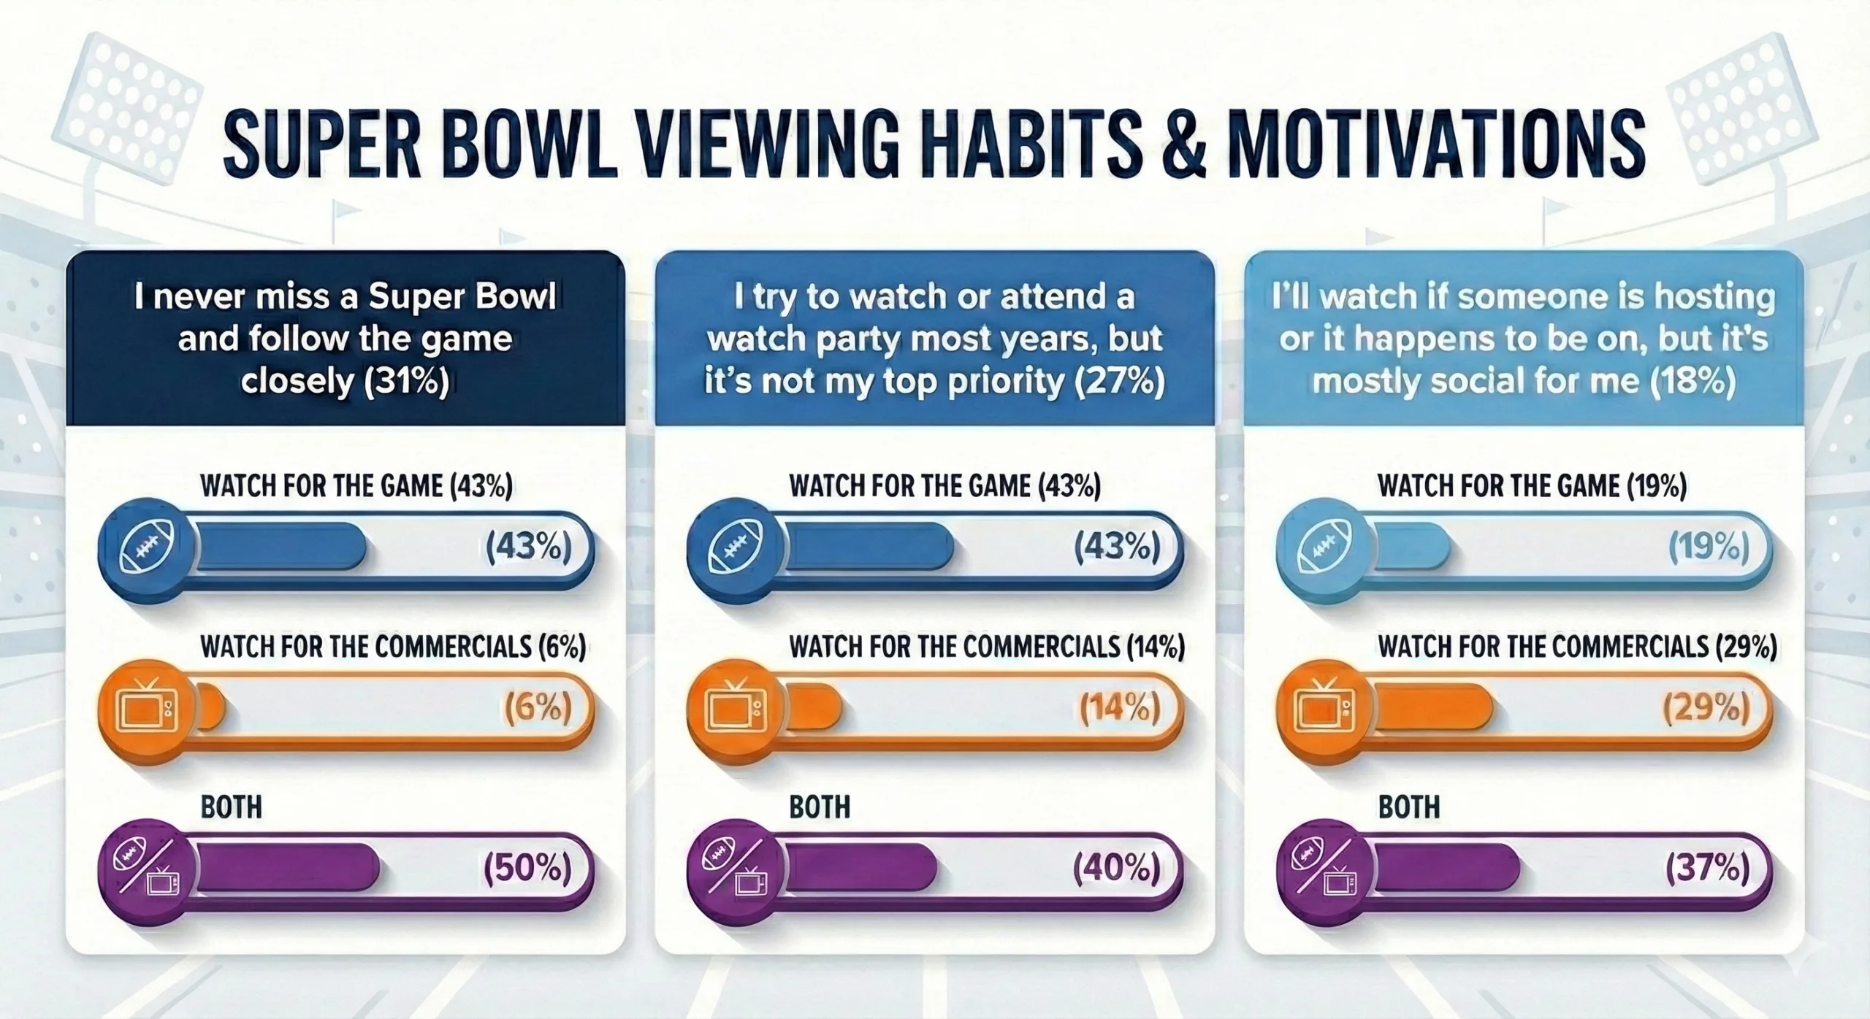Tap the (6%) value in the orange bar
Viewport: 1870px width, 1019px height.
(x=538, y=707)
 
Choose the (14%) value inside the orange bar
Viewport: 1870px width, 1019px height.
(x=1119, y=707)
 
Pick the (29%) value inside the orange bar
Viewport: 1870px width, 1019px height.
(x=1706, y=707)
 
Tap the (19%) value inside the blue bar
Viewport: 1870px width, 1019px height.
(x=1709, y=547)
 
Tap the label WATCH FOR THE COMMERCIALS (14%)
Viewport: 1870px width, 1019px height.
(x=986, y=647)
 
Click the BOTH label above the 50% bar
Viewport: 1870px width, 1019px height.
(x=231, y=808)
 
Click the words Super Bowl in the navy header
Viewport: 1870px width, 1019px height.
(x=462, y=298)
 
